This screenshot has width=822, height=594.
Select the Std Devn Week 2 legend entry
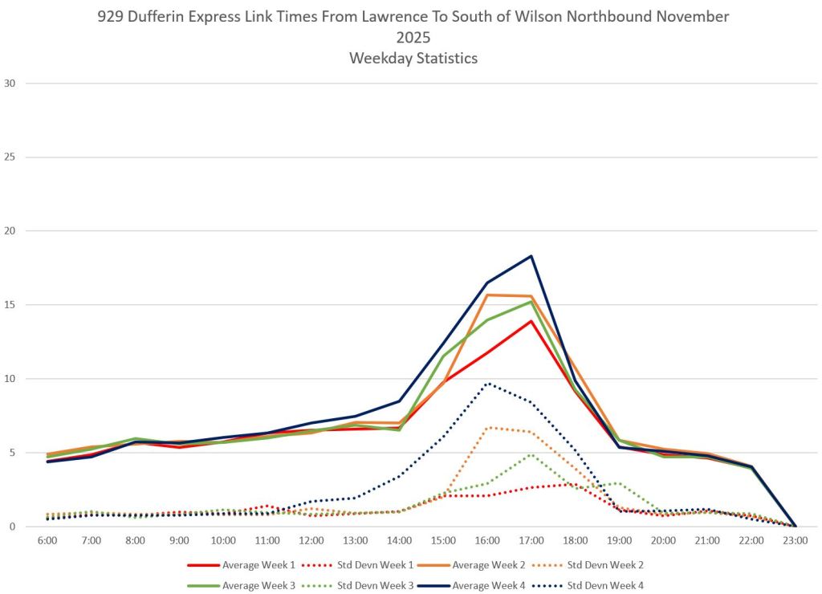[x=604, y=564]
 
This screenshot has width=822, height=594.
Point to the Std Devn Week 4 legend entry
[x=604, y=586]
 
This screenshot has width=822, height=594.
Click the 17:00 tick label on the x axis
[x=531, y=542]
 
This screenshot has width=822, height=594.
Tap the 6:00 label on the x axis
[x=47, y=542]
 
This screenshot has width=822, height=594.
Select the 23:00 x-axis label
[x=795, y=542]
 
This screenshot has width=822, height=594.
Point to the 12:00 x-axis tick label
[x=311, y=542]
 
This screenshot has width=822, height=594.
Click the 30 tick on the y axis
[x=10, y=83]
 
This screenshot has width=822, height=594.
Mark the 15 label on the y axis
[x=10, y=305]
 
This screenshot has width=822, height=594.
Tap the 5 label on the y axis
[x=12, y=453]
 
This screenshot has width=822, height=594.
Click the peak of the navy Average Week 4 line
[x=531, y=256]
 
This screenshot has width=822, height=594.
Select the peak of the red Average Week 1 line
[x=531, y=321]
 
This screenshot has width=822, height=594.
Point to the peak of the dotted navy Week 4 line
[x=487, y=383]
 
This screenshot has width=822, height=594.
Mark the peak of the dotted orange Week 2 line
[x=487, y=427]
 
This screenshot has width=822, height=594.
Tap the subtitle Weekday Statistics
[x=413, y=58]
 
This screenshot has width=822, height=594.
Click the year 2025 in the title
[x=413, y=38]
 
